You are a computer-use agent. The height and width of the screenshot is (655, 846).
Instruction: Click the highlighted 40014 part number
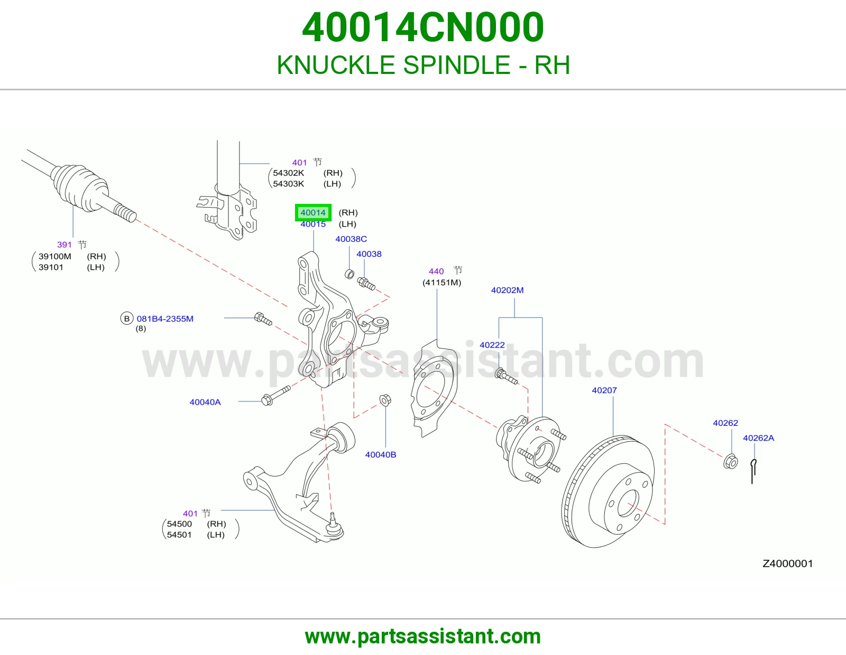313,212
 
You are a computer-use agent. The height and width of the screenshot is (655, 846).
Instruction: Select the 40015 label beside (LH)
313,224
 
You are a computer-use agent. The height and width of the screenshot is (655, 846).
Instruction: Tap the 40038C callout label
351,239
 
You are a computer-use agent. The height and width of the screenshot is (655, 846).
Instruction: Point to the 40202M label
507,290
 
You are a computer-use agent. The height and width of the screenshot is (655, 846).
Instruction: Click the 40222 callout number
492,345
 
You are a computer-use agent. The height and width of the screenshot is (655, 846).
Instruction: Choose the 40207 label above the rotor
604,390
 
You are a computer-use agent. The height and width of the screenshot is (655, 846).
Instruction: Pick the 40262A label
758,438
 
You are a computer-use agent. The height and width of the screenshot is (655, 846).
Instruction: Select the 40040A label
205,402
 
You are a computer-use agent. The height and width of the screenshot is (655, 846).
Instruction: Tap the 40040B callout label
380,455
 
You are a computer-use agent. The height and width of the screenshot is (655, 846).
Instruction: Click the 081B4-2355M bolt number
164,319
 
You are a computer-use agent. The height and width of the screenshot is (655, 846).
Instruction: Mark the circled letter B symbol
126,319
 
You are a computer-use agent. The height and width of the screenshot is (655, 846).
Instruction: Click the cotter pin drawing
753,471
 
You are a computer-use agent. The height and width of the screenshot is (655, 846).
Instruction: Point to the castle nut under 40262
730,461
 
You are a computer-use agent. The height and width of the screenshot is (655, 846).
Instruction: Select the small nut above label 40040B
385,400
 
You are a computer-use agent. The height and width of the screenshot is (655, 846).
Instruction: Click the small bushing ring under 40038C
350,274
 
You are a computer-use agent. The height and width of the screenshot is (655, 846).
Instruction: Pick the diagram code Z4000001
787,564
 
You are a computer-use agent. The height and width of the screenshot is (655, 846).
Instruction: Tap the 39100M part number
54,256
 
